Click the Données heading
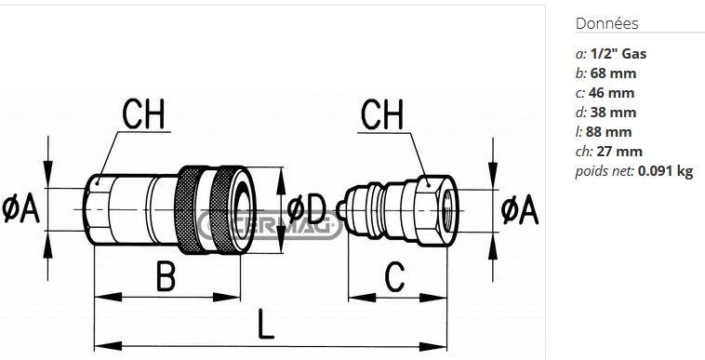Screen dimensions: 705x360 [606, 23]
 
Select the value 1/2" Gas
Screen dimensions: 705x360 [619, 54]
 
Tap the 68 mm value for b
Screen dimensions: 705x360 [613, 73]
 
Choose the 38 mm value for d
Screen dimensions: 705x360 [613, 113]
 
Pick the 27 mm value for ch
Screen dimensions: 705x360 [619, 152]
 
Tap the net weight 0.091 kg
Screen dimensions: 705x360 [665, 171]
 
